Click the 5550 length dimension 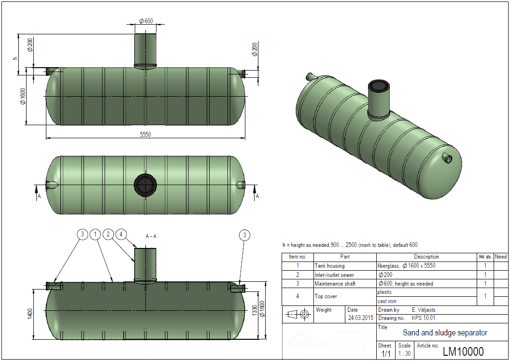coord(145,135)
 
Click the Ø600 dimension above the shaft coord(145,21)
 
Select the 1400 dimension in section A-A coord(30,313)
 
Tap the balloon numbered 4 coord(121,234)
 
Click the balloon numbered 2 coord(108,234)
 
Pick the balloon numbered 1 coord(96,234)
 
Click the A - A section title coord(151,236)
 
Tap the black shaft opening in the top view coord(145,185)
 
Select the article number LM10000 coord(463,352)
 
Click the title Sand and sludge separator coord(445,333)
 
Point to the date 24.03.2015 coord(360,318)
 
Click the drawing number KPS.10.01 coord(424,318)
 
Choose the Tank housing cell coord(330,266)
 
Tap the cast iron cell coord(387,301)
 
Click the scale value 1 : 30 coord(404,354)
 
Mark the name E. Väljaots coord(424,310)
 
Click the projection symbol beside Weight coord(298,314)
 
